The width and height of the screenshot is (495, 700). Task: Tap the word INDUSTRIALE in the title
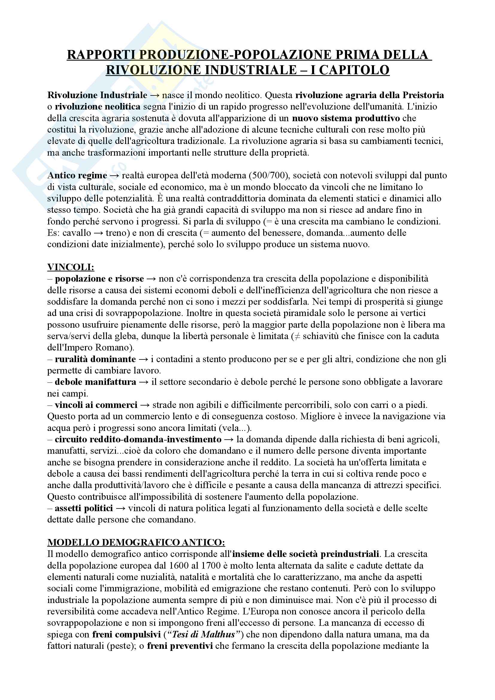(x=251, y=70)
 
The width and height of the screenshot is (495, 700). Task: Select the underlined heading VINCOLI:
(x=71, y=267)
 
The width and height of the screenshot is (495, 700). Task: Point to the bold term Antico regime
(x=77, y=175)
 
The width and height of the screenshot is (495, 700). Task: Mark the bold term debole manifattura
(x=96, y=382)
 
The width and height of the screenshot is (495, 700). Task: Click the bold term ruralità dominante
(x=95, y=359)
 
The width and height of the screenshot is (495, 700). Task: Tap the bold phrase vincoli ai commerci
(x=96, y=405)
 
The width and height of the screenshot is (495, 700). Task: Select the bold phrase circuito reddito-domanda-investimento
(x=138, y=439)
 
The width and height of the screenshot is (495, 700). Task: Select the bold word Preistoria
(x=423, y=95)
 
